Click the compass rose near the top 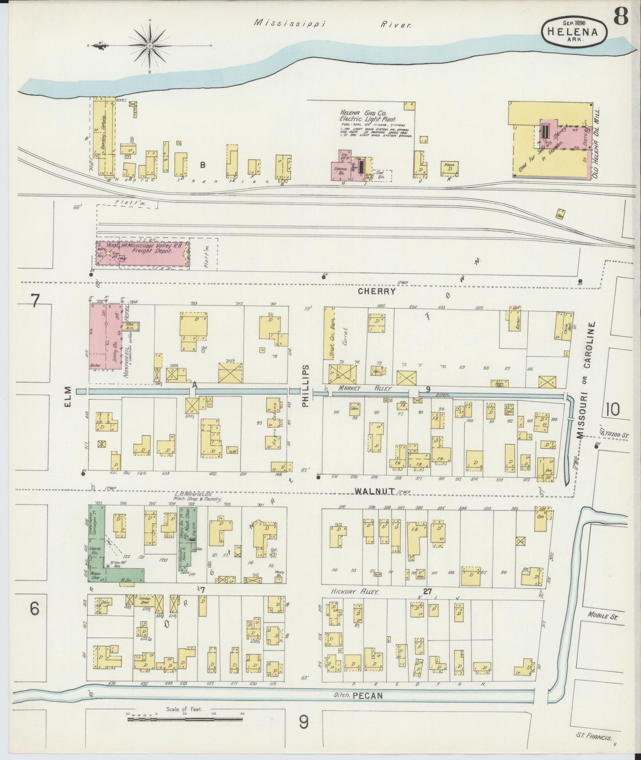click(x=151, y=46)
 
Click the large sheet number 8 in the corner click(x=621, y=18)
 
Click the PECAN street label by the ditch click(x=368, y=696)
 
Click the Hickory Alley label click(x=350, y=591)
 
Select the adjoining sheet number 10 click(x=612, y=409)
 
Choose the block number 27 click(x=427, y=591)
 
